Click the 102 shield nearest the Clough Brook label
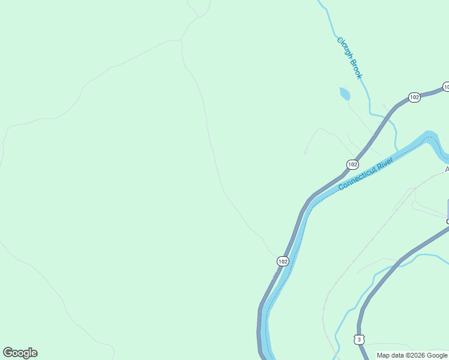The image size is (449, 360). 414,97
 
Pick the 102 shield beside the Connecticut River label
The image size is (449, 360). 352,164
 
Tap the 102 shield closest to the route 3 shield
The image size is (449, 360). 283,261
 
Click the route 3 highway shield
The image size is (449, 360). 359,340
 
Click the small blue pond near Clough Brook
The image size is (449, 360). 345,94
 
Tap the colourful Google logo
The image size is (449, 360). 20,353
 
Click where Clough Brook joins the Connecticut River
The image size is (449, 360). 397,148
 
